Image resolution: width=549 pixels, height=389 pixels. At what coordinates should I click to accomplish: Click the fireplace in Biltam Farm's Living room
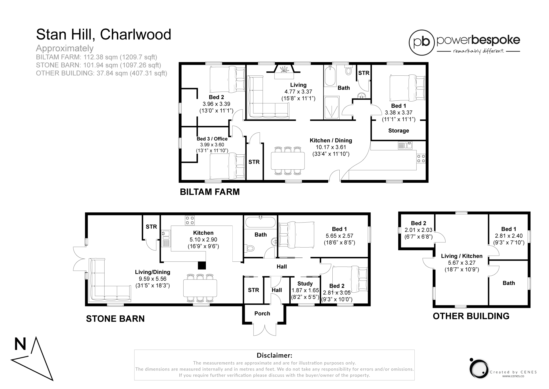(283, 71)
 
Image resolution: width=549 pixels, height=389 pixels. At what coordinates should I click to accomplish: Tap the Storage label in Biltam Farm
(398, 131)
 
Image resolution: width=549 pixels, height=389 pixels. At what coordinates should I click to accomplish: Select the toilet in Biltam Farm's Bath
(348, 71)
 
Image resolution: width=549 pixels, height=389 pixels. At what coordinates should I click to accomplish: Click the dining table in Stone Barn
(200, 288)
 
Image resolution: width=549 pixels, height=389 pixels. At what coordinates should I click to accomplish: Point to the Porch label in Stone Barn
(262, 314)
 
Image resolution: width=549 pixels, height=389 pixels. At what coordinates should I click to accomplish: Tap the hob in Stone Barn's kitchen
(190, 220)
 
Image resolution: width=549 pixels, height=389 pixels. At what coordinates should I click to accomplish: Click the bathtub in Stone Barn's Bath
(260, 222)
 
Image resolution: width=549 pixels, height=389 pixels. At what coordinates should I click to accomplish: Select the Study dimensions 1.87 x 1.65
(305, 290)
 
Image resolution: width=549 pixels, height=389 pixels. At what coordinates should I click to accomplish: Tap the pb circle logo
(421, 42)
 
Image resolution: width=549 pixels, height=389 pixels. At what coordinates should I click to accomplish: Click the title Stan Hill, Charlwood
(103, 34)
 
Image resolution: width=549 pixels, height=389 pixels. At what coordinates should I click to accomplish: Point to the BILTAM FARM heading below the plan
(210, 192)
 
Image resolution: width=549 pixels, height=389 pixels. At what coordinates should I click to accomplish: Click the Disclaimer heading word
(274, 355)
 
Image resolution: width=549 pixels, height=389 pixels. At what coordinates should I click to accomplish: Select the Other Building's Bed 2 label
(418, 223)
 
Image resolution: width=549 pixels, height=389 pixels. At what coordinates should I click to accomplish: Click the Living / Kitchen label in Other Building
(462, 256)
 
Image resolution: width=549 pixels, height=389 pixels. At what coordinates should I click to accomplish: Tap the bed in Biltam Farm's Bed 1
(407, 88)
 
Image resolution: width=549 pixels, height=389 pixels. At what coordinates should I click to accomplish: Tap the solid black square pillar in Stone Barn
(202, 265)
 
